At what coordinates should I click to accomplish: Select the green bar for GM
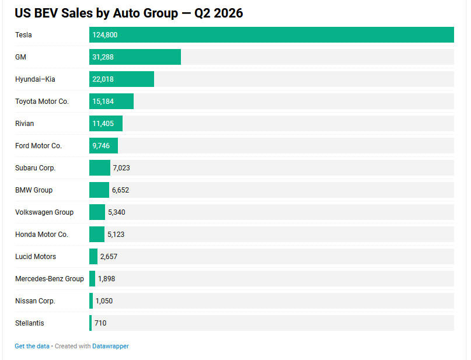pos(135,57)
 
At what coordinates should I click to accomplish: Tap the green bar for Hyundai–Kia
pos(121,79)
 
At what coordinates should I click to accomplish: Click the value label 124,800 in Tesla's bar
pos(105,35)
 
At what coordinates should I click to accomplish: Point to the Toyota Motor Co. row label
pos(42,102)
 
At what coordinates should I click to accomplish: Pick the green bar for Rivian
pos(106,123)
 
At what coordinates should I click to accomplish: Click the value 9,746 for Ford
pos(101,146)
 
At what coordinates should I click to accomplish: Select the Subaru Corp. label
pos(36,168)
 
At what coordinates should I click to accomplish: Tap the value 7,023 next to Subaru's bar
pos(121,168)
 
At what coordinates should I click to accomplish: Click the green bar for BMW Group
pos(99,190)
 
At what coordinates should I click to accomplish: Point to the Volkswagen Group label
pos(44,212)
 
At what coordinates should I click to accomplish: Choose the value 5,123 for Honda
pos(116,234)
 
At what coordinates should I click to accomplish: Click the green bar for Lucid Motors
pos(93,256)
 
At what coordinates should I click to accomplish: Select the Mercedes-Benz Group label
pos(50,279)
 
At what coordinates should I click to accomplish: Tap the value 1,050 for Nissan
pos(104,301)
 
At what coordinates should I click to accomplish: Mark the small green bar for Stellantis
pos(90,323)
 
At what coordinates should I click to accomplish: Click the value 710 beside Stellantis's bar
pos(100,323)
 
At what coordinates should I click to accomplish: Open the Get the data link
pos(32,346)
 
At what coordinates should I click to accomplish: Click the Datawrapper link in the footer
pos(110,346)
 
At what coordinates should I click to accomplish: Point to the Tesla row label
pos(23,35)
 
